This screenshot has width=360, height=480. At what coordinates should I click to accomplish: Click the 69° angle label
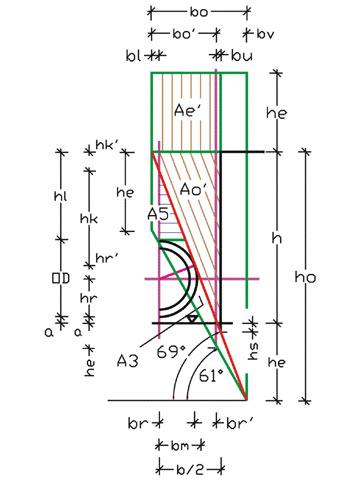(171, 352)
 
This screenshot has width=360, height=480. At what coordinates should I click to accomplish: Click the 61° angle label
(212, 376)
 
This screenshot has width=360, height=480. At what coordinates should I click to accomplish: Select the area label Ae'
(188, 110)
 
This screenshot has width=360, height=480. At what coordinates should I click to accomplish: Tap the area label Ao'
(193, 189)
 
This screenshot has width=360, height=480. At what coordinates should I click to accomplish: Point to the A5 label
(158, 214)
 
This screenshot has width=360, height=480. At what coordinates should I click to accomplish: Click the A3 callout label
(128, 361)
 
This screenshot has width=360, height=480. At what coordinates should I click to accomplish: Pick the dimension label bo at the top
(199, 12)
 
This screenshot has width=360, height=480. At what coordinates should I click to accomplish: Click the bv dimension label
(265, 34)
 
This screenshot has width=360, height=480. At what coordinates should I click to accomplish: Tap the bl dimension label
(133, 56)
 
